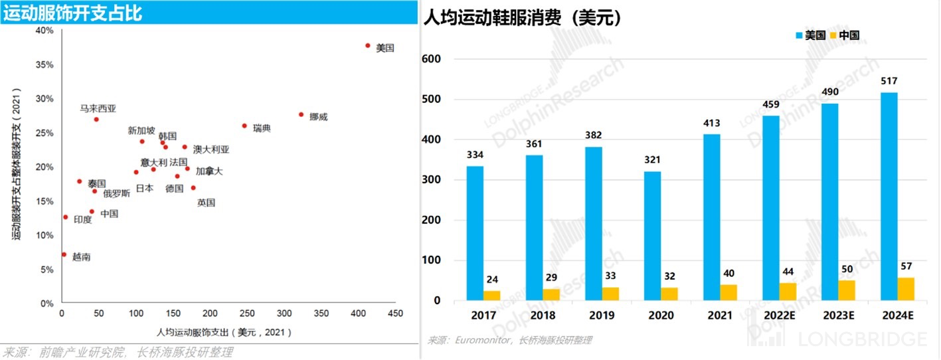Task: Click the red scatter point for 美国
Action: [367, 46]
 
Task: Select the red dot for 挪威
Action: [301, 114]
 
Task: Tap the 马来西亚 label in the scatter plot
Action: [98, 108]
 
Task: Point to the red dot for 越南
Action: [64, 254]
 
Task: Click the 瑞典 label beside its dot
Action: [262, 128]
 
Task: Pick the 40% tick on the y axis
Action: [44, 31]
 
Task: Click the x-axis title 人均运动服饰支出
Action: [224, 331]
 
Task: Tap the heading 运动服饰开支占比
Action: [72, 13]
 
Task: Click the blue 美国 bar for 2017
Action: [475, 233]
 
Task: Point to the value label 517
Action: [889, 82]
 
